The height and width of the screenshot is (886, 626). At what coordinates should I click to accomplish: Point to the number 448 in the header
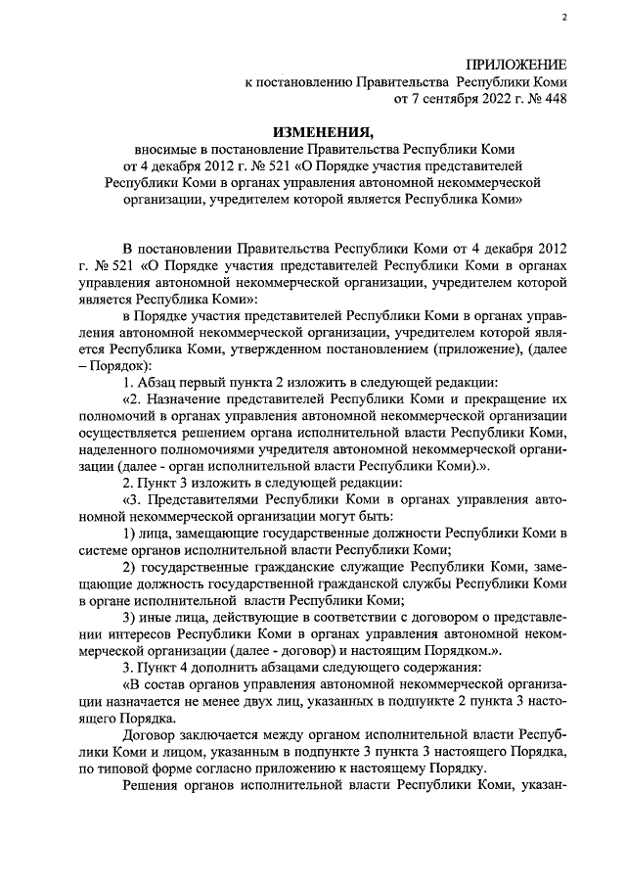pyautogui.click(x=552, y=99)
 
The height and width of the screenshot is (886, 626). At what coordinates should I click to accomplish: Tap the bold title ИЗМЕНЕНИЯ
pyautogui.click(x=322, y=131)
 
